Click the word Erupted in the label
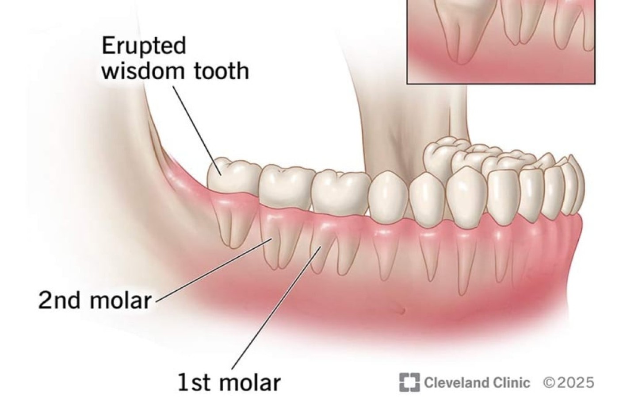(144, 46)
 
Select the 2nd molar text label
(95, 301)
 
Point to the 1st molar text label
(229, 382)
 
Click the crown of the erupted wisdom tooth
(233, 177)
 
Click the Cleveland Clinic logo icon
(409, 382)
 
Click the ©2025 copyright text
(569, 382)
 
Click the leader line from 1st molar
(274, 317)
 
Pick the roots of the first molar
(329, 250)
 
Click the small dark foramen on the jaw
(401, 309)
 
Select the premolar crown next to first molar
(388, 195)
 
